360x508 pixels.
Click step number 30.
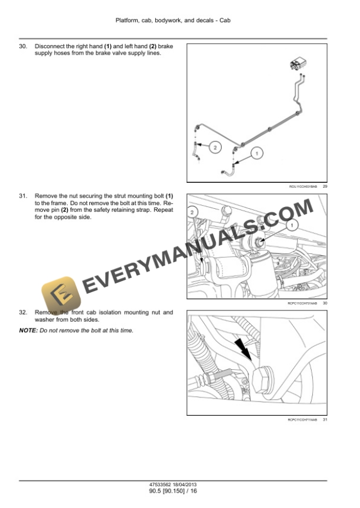tap(23, 46)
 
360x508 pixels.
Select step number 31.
tap(23, 195)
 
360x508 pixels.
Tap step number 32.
tap(23, 313)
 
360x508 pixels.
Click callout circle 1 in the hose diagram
tap(256, 153)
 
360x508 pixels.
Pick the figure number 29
tap(325, 186)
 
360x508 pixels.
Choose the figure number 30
tap(325, 303)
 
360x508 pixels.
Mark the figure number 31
tap(325, 419)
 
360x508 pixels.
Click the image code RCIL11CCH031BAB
tap(302, 186)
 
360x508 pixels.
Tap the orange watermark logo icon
tap(58, 292)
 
